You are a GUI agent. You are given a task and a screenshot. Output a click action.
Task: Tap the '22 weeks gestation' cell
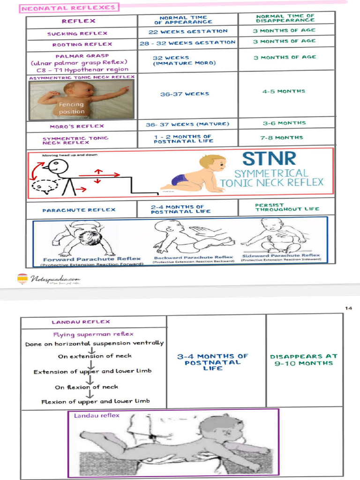[188, 31]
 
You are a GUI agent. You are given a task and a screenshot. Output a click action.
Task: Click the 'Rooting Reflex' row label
[82, 44]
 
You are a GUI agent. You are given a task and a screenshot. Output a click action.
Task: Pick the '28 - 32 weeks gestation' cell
[187, 43]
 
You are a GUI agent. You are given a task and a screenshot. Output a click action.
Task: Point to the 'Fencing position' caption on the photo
[72, 108]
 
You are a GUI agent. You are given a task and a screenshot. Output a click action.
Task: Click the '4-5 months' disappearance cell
[284, 91]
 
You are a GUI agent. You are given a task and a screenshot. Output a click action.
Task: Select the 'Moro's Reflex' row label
[77, 126]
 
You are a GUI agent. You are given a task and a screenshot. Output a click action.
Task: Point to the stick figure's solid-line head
[58, 166]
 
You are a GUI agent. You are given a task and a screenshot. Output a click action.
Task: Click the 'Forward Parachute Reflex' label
[92, 259]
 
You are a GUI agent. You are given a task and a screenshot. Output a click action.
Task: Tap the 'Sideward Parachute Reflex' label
[281, 256]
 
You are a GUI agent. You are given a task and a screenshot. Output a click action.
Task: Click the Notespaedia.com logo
[49, 279]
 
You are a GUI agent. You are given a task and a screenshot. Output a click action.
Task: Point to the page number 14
[348, 308]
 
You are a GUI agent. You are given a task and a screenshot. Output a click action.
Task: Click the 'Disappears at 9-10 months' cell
[304, 360]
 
